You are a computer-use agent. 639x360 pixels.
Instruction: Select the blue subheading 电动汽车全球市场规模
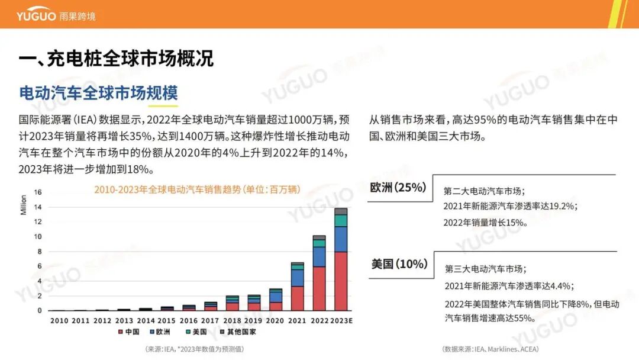pyautogui.click(x=98, y=94)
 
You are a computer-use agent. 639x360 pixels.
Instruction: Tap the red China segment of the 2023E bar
pyautogui.click(x=340, y=281)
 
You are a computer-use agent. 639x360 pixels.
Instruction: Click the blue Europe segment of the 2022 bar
pyautogui.click(x=319, y=257)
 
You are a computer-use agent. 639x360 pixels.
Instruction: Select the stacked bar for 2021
pyautogui.click(x=298, y=287)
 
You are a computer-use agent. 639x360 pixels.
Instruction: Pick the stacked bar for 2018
pyautogui.click(x=233, y=303)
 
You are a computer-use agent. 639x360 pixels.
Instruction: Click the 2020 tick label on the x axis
pyautogui.click(x=275, y=321)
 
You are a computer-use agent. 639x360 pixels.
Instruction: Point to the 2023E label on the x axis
pyautogui.click(x=341, y=321)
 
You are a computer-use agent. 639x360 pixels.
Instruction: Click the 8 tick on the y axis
pyautogui.click(x=40, y=252)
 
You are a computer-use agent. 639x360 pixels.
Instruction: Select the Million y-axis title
pyautogui.click(x=24, y=204)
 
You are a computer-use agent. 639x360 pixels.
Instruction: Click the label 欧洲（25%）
pyautogui.click(x=398, y=188)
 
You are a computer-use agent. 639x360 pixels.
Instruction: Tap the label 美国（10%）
pyautogui.click(x=399, y=264)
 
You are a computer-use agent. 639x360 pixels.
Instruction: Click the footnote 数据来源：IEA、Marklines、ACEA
pyautogui.click(x=490, y=349)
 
